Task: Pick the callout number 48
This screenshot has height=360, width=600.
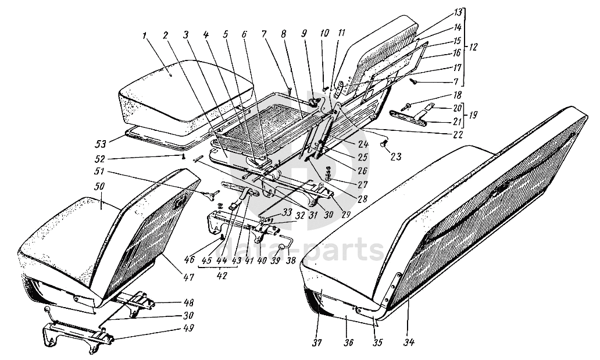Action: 173,303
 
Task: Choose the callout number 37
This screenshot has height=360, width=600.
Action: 317,342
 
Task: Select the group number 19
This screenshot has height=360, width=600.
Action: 472,115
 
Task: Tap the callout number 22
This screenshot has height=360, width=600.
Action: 458,134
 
